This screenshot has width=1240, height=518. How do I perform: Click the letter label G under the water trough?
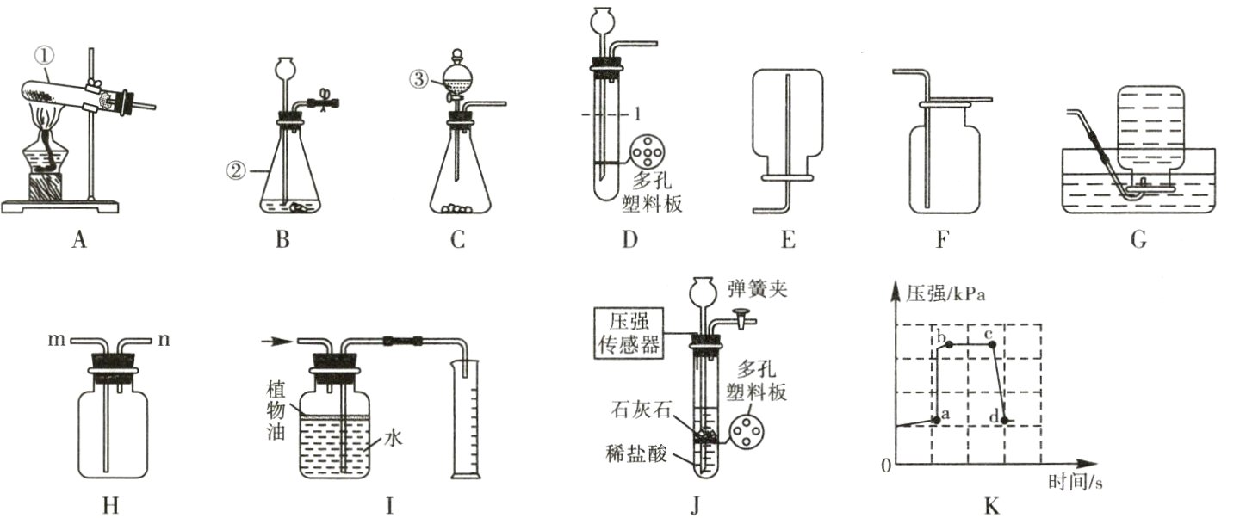click(1138, 241)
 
